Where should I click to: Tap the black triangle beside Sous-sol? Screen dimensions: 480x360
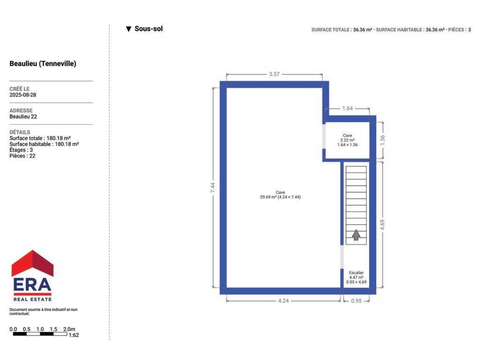tap(128, 29)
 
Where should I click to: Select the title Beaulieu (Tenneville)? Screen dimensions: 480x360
tap(43, 64)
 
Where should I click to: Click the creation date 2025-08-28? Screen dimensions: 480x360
tap(23, 95)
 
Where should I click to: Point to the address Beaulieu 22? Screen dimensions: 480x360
tap(23, 117)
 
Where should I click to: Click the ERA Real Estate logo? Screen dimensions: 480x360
tap(32, 276)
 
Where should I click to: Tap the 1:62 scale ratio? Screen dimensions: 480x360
tap(74, 335)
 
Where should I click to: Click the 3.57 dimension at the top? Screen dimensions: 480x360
tap(274, 74)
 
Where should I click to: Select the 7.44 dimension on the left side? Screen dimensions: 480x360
tap(213, 187)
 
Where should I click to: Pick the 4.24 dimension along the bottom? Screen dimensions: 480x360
tap(284, 301)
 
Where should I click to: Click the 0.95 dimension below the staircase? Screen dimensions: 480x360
tap(356, 301)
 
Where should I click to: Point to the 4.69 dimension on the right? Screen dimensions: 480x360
tap(382, 225)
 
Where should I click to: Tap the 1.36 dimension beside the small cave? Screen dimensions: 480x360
tap(382, 140)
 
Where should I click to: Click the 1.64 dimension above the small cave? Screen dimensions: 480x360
tap(347, 108)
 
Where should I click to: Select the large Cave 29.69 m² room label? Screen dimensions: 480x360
tap(280, 195)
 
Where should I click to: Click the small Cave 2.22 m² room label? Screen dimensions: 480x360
tap(347, 140)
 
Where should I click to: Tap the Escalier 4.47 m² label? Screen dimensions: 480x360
tap(356, 277)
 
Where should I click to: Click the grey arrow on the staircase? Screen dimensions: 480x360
tap(356, 235)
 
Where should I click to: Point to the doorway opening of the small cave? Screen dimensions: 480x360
tap(324, 136)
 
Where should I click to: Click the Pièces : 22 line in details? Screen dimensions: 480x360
tap(22, 156)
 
